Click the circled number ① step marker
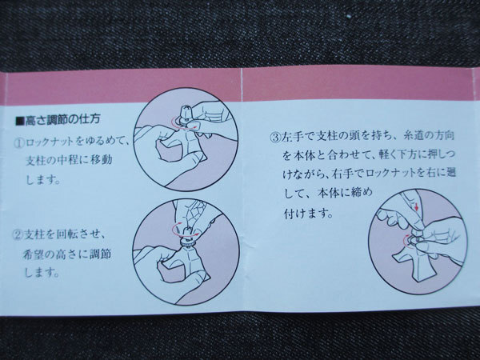pos(19,143)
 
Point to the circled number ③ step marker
pos(274,137)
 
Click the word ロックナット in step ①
pos(50,142)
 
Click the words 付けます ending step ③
pos(308,213)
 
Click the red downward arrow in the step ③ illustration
pos(416,206)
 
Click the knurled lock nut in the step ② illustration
pos(186,242)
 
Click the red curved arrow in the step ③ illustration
pos(406,239)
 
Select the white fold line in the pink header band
pos(242,85)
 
